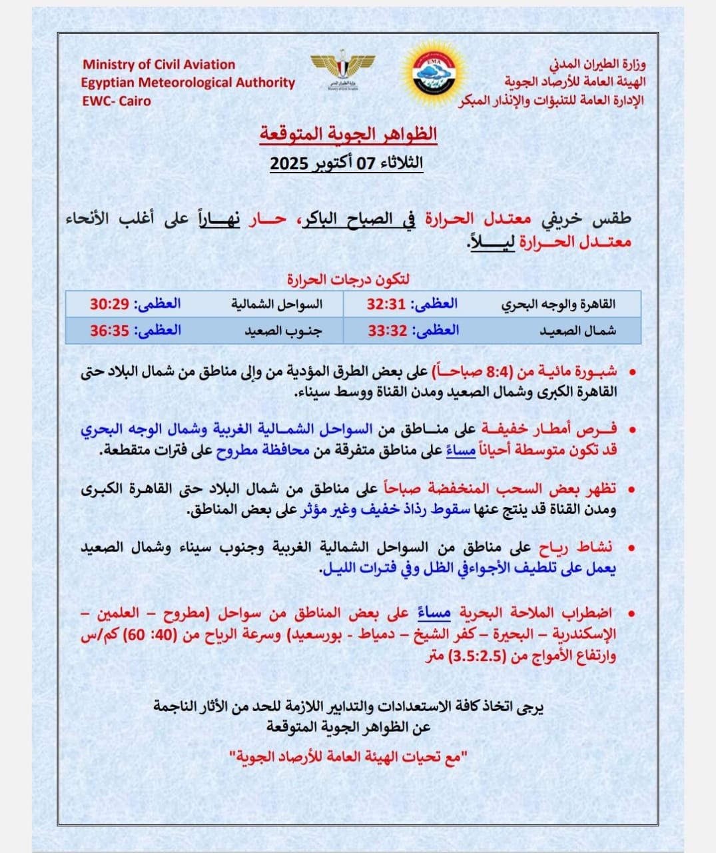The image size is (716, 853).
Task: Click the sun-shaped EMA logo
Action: click(433, 73)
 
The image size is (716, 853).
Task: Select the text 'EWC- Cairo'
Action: click(116, 101)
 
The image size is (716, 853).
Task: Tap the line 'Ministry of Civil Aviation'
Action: click(159, 65)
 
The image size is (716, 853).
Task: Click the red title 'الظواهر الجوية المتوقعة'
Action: click(348, 133)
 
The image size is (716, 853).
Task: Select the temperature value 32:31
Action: click(386, 305)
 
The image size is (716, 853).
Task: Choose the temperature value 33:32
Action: click(386, 331)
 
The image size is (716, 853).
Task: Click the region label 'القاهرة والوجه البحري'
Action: click(558, 305)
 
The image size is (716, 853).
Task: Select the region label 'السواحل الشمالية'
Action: click(276, 305)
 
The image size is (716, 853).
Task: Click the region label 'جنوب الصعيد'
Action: click(282, 331)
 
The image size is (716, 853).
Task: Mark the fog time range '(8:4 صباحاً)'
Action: click(473, 372)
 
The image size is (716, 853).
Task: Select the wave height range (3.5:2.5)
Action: click(478, 656)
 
